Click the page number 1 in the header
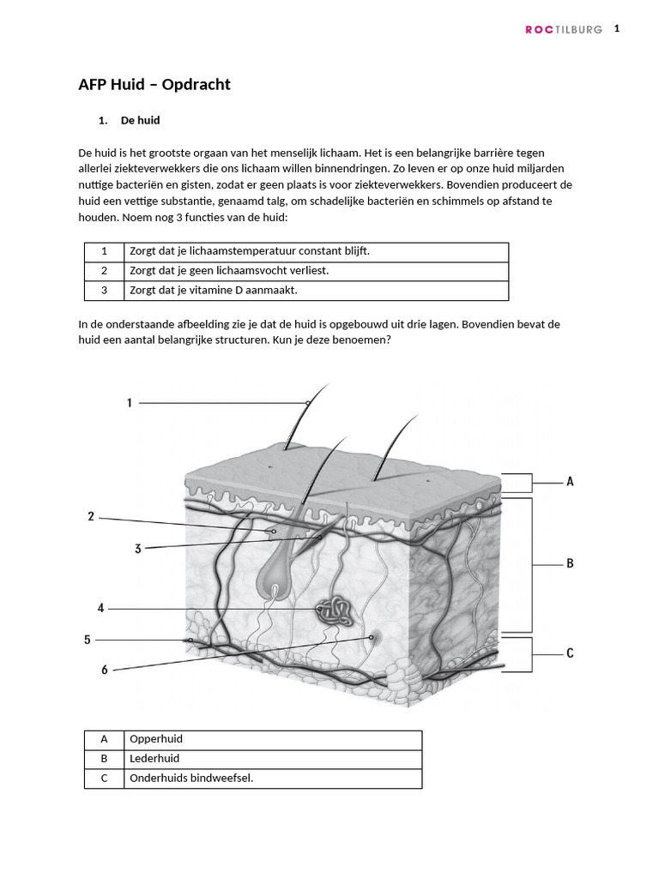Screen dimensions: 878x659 (x=616, y=28)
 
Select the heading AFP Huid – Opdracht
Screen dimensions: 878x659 (x=154, y=84)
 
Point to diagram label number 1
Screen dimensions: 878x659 (x=130, y=402)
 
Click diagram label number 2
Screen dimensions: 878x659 (x=91, y=516)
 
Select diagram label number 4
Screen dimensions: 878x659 (x=100, y=608)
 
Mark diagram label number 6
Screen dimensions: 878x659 (x=105, y=670)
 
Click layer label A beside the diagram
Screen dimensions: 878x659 (x=570, y=482)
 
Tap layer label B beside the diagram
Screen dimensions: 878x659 (x=570, y=563)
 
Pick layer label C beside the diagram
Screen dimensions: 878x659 (x=570, y=653)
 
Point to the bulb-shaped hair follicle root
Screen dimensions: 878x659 (x=275, y=576)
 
